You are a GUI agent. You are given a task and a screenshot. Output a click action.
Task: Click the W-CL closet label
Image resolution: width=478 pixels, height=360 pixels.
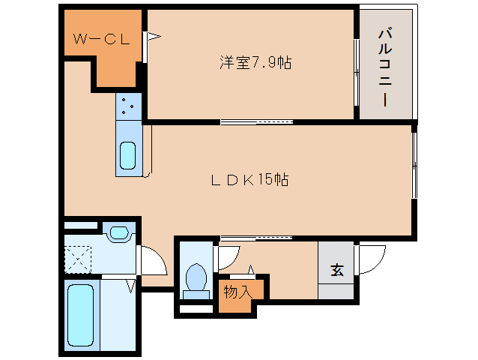click(102, 39)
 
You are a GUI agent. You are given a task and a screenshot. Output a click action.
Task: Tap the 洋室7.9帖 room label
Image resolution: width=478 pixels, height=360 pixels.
click(255, 63)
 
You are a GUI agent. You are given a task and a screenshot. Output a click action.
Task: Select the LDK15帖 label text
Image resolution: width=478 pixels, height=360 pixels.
click(249, 180)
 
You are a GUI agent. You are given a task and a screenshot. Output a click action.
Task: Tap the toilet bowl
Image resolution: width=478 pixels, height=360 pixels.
click(196, 277)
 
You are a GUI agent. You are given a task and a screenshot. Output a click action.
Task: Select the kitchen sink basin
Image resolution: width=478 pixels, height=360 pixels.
click(127, 156)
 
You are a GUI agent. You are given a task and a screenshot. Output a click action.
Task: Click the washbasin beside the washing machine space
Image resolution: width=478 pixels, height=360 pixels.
click(118, 233)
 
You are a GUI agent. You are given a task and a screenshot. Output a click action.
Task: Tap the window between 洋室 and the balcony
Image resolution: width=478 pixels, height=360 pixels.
click(356, 65)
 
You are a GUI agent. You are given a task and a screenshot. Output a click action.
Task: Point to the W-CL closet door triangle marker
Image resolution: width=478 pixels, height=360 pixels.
click(153, 35)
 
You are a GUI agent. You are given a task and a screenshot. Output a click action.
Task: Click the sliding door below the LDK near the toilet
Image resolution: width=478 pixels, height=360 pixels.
click(255, 238)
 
